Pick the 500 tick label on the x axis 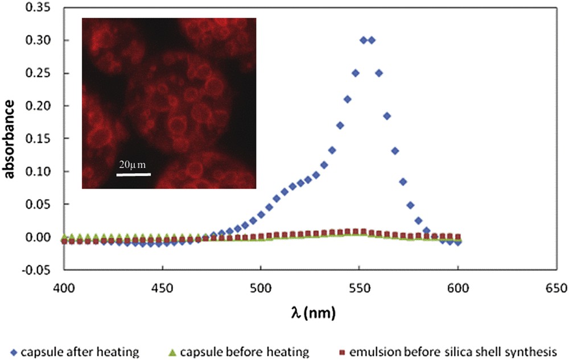tap(261, 289)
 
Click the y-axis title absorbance tap(11, 138)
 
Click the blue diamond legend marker tap(12, 351)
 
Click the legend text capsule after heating tap(80, 351)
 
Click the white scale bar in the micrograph tap(133, 174)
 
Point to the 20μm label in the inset tap(133, 165)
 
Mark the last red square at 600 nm tap(457, 237)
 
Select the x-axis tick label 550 tap(359, 289)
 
